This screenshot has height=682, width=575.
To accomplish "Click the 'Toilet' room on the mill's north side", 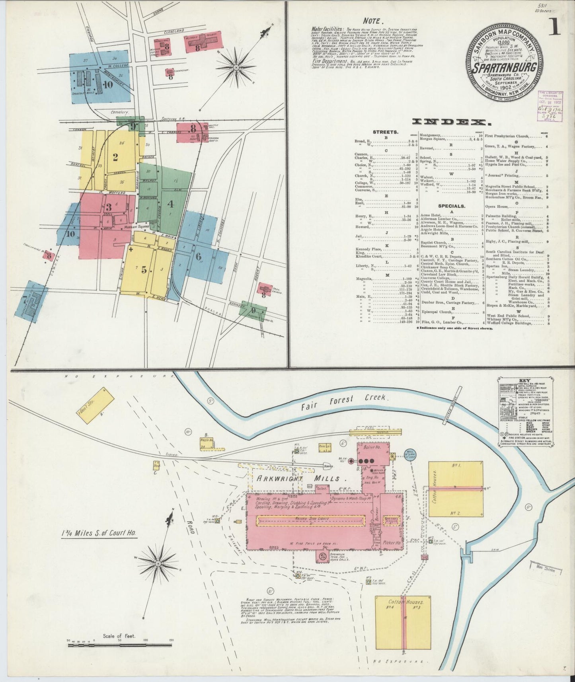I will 321,487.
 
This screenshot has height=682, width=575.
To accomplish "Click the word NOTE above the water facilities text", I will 373,21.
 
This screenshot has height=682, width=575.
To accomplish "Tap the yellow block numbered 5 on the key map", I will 144,269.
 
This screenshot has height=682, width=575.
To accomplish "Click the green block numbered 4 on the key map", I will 171,204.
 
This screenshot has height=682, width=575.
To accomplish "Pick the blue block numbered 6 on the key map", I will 198,257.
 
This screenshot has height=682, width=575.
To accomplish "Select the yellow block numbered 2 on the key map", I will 115,157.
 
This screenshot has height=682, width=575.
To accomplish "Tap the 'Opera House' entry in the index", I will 496,207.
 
